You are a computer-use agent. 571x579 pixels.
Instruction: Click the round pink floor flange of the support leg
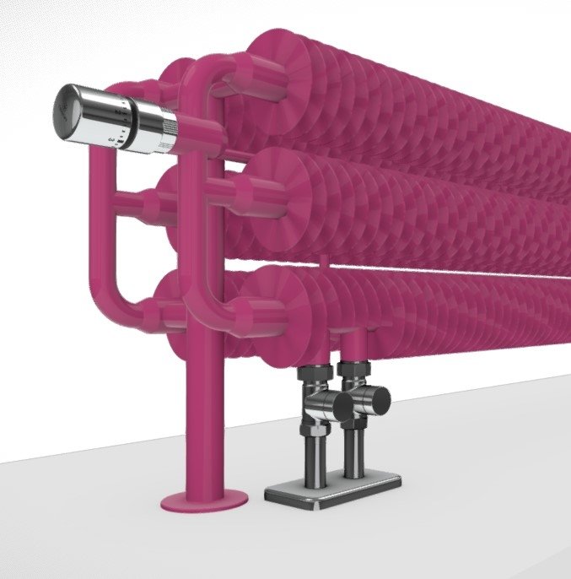[x=203, y=501]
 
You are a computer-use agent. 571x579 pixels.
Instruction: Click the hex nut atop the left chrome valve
[x=311, y=376]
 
